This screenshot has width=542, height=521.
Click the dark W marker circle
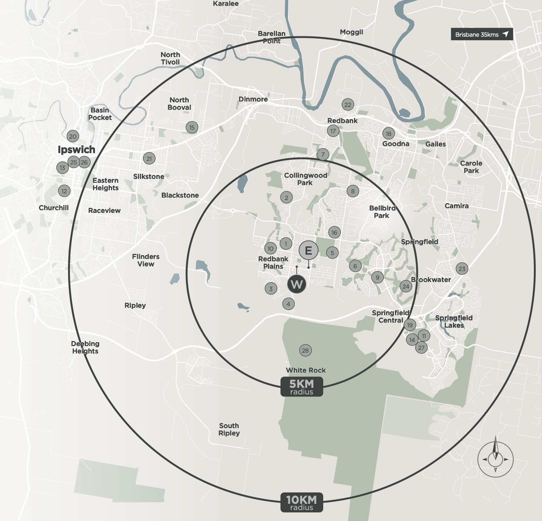tap(297, 284)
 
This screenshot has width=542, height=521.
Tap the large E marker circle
tap(308, 250)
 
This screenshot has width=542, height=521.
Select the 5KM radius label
tap(302, 387)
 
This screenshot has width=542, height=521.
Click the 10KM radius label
tap(302, 503)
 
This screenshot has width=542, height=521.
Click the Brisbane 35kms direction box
tap(481, 34)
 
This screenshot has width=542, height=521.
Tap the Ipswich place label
tap(77, 150)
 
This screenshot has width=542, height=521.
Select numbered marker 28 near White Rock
tap(305, 350)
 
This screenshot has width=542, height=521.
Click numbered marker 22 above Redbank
tap(347, 104)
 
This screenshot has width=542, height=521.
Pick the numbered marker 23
tap(462, 269)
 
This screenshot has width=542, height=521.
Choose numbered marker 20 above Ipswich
tap(73, 136)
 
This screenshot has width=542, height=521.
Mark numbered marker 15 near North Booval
tap(192, 127)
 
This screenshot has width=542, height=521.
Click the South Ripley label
tap(229, 429)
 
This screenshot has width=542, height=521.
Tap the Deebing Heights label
tap(85, 347)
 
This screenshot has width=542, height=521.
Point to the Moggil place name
tap(351, 32)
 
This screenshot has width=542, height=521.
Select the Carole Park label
tap(471, 167)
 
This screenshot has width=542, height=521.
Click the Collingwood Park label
tap(306, 179)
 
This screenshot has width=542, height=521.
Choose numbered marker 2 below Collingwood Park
tap(286, 198)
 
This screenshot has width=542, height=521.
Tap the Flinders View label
tap(146, 260)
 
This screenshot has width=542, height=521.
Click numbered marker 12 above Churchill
tap(64, 191)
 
